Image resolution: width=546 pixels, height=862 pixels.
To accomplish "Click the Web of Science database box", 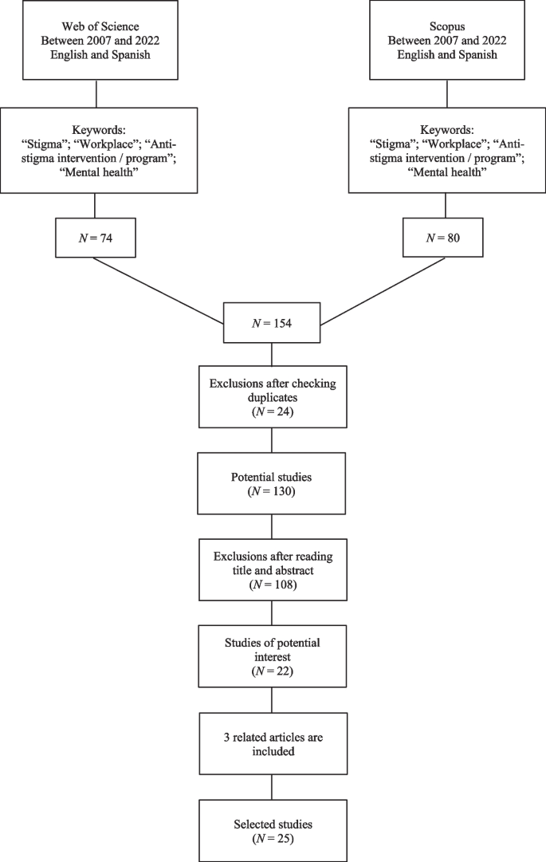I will tap(96, 40).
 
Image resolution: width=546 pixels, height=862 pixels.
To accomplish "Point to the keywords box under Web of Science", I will tap(96, 150).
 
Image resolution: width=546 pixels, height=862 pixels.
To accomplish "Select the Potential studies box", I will tap(273, 484).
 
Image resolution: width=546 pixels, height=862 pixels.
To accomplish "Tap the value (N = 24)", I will tap(273, 411).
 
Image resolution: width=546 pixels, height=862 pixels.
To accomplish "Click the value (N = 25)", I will tap(273, 839).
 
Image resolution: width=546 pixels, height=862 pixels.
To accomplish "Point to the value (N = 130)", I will tap(273, 492).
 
